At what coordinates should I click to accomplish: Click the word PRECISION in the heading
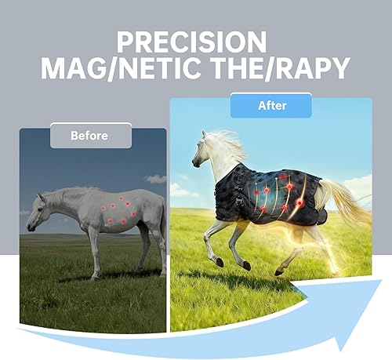[191, 42]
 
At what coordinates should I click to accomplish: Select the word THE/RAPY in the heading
[280, 68]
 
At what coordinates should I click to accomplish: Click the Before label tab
[91, 136]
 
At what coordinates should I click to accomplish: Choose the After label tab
[271, 105]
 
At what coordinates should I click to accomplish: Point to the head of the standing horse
[38, 212]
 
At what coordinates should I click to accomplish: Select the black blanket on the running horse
[267, 195]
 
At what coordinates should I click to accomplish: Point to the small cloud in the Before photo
[156, 179]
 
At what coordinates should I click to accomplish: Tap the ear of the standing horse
[41, 197]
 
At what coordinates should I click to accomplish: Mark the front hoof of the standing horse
[95, 278]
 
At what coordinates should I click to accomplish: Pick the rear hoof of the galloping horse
[278, 272]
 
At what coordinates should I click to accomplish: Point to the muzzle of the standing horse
[31, 227]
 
